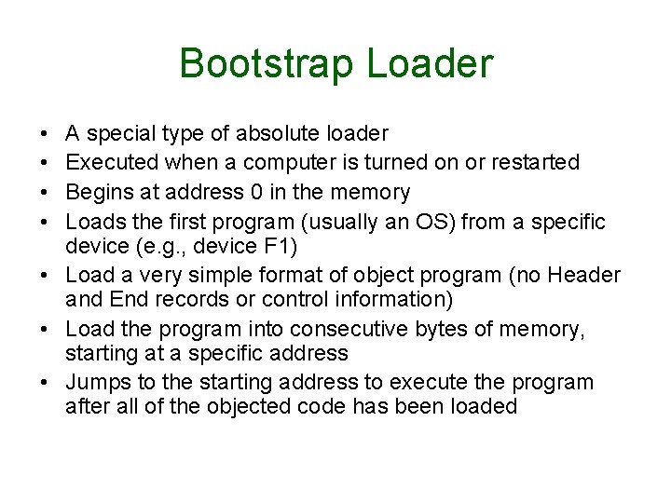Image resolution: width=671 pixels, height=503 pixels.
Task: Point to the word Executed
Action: click(x=112, y=163)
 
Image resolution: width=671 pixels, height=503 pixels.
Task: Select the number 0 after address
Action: click(x=261, y=193)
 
